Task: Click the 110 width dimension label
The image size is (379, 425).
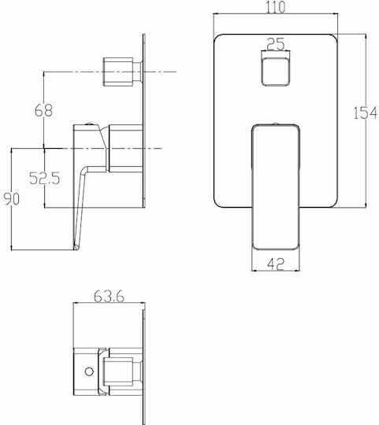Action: [275, 7]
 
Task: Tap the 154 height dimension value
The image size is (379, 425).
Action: [365, 113]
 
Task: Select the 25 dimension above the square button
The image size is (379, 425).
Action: [276, 44]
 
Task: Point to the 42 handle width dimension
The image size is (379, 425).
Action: [276, 264]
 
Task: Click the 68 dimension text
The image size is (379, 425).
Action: [43, 110]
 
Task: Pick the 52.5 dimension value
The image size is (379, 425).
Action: [44, 178]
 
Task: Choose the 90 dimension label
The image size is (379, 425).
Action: [12, 198]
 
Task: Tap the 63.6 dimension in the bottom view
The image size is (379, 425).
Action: [109, 296]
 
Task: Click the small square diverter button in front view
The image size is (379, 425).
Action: [276, 72]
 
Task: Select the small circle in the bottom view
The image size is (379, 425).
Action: [89, 371]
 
